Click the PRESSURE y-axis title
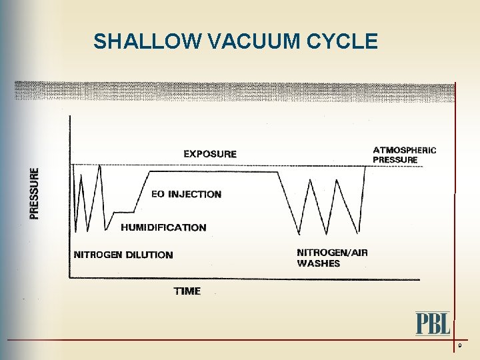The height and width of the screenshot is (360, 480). [x=34, y=193]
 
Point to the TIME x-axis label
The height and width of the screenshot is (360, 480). [x=187, y=291]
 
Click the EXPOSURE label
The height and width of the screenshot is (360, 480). [x=210, y=154]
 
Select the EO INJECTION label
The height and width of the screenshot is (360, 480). [x=186, y=195]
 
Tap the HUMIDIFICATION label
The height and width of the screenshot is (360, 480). [x=163, y=227]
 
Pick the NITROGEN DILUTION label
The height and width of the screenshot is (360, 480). [x=123, y=255]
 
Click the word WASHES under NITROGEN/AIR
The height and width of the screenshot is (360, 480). [x=318, y=263]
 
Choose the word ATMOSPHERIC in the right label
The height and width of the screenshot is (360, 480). [x=405, y=150]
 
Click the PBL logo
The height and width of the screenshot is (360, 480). [x=433, y=324]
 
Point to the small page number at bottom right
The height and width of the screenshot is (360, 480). [x=460, y=346]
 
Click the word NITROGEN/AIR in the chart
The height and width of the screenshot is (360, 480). [x=332, y=253]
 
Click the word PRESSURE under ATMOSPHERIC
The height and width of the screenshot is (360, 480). [x=395, y=160]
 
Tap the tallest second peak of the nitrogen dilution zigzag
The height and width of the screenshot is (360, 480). [x=99, y=166]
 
